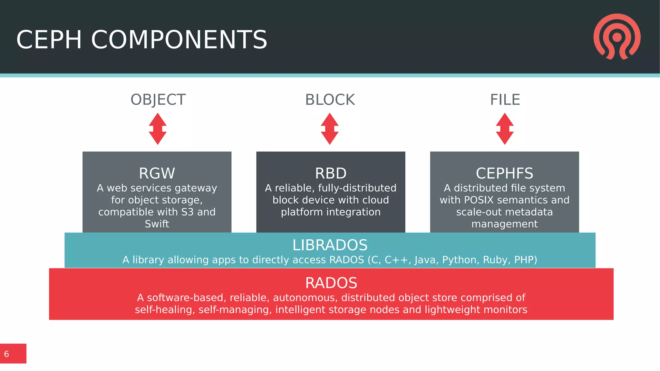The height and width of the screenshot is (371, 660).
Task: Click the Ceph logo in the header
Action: pos(617,36)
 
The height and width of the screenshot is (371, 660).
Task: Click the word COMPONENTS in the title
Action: pos(179,40)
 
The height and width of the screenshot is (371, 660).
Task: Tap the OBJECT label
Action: pos(158,100)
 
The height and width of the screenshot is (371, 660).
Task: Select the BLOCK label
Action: pos(330,100)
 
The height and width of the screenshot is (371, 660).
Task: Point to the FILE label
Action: pos(505,100)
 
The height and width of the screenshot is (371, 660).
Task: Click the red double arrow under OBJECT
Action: pos(158,129)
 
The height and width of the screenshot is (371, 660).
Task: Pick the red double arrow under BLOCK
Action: pos(330,129)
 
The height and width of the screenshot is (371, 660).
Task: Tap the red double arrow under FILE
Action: pos(505,129)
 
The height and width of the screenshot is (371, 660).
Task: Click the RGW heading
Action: pos(157,173)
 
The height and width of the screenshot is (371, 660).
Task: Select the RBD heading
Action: pos(331,173)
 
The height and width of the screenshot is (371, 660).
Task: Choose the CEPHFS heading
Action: pos(504,173)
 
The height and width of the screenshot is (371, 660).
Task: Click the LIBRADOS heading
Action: pos(330,245)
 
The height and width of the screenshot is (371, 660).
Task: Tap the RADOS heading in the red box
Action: pos(331,283)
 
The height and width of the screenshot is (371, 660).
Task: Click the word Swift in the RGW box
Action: pos(157,224)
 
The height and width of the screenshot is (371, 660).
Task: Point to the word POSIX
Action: pos(479,200)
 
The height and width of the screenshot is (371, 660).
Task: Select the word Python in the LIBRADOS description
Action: pos(461,260)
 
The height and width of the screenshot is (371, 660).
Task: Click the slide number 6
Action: pos(6,354)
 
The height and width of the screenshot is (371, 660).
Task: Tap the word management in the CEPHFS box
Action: pos(504,224)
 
